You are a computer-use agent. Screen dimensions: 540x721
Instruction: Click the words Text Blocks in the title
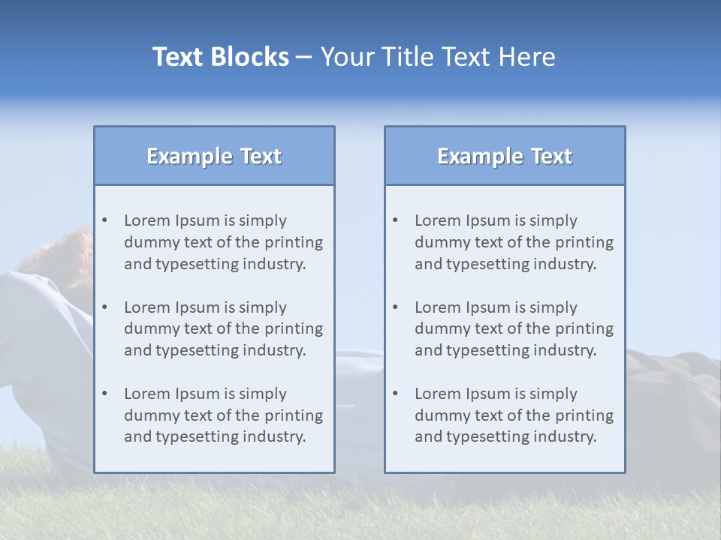pyautogui.click(x=221, y=57)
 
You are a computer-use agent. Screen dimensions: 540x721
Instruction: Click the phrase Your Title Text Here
pyautogui.click(x=438, y=57)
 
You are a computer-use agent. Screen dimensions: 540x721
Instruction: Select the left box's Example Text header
pyautogui.click(x=214, y=156)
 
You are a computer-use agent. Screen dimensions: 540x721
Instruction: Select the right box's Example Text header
pyautogui.click(x=505, y=156)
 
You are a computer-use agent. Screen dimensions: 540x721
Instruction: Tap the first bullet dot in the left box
pyautogui.click(x=105, y=220)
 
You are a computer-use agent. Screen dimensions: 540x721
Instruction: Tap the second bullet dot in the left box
pyautogui.click(x=105, y=307)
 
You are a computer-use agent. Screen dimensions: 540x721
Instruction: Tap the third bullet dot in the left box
pyautogui.click(x=105, y=394)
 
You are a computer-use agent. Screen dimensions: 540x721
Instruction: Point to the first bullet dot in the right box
pyautogui.click(x=396, y=220)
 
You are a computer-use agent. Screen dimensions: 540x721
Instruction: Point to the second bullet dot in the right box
pyautogui.click(x=396, y=307)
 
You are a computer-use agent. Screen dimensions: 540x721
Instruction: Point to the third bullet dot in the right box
pyautogui.click(x=396, y=394)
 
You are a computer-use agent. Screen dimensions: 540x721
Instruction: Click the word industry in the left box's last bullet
pyautogui.click(x=278, y=437)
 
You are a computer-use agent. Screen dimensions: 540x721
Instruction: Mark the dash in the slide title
pyautogui.click(x=304, y=58)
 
